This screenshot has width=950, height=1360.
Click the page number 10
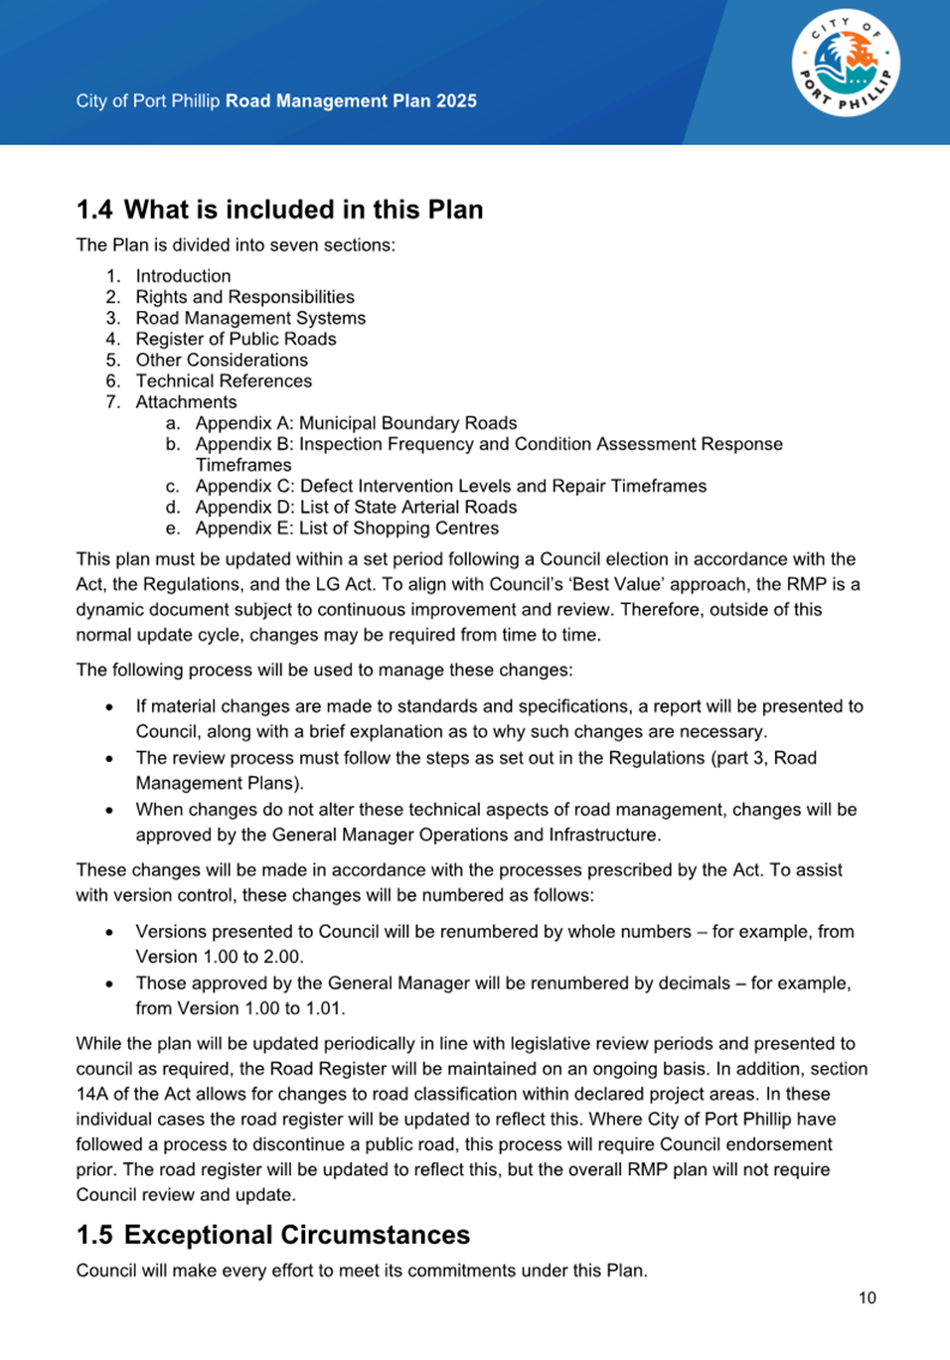tap(868, 1297)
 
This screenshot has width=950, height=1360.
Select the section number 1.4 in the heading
tap(94, 210)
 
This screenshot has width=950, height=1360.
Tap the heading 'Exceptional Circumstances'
tap(296, 1235)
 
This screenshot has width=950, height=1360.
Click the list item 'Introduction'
tap(183, 276)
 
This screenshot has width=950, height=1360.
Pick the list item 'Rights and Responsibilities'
tap(244, 297)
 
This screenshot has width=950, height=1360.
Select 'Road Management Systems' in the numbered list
tap(250, 318)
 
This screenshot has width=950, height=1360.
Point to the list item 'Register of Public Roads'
tap(236, 339)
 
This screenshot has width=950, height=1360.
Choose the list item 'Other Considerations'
tap(222, 360)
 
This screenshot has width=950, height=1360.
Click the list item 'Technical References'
tap(224, 380)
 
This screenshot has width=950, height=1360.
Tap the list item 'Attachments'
tap(186, 401)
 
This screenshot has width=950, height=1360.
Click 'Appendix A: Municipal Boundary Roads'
tap(356, 423)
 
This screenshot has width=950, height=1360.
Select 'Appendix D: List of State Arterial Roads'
tap(356, 507)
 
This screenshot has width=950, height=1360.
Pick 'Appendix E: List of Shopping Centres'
tap(347, 529)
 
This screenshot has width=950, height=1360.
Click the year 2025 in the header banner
tap(456, 101)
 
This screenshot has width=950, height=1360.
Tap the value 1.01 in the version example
tap(324, 1008)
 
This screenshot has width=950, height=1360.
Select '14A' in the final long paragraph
tap(93, 1094)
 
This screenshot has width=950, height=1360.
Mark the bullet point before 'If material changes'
tap(109, 706)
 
